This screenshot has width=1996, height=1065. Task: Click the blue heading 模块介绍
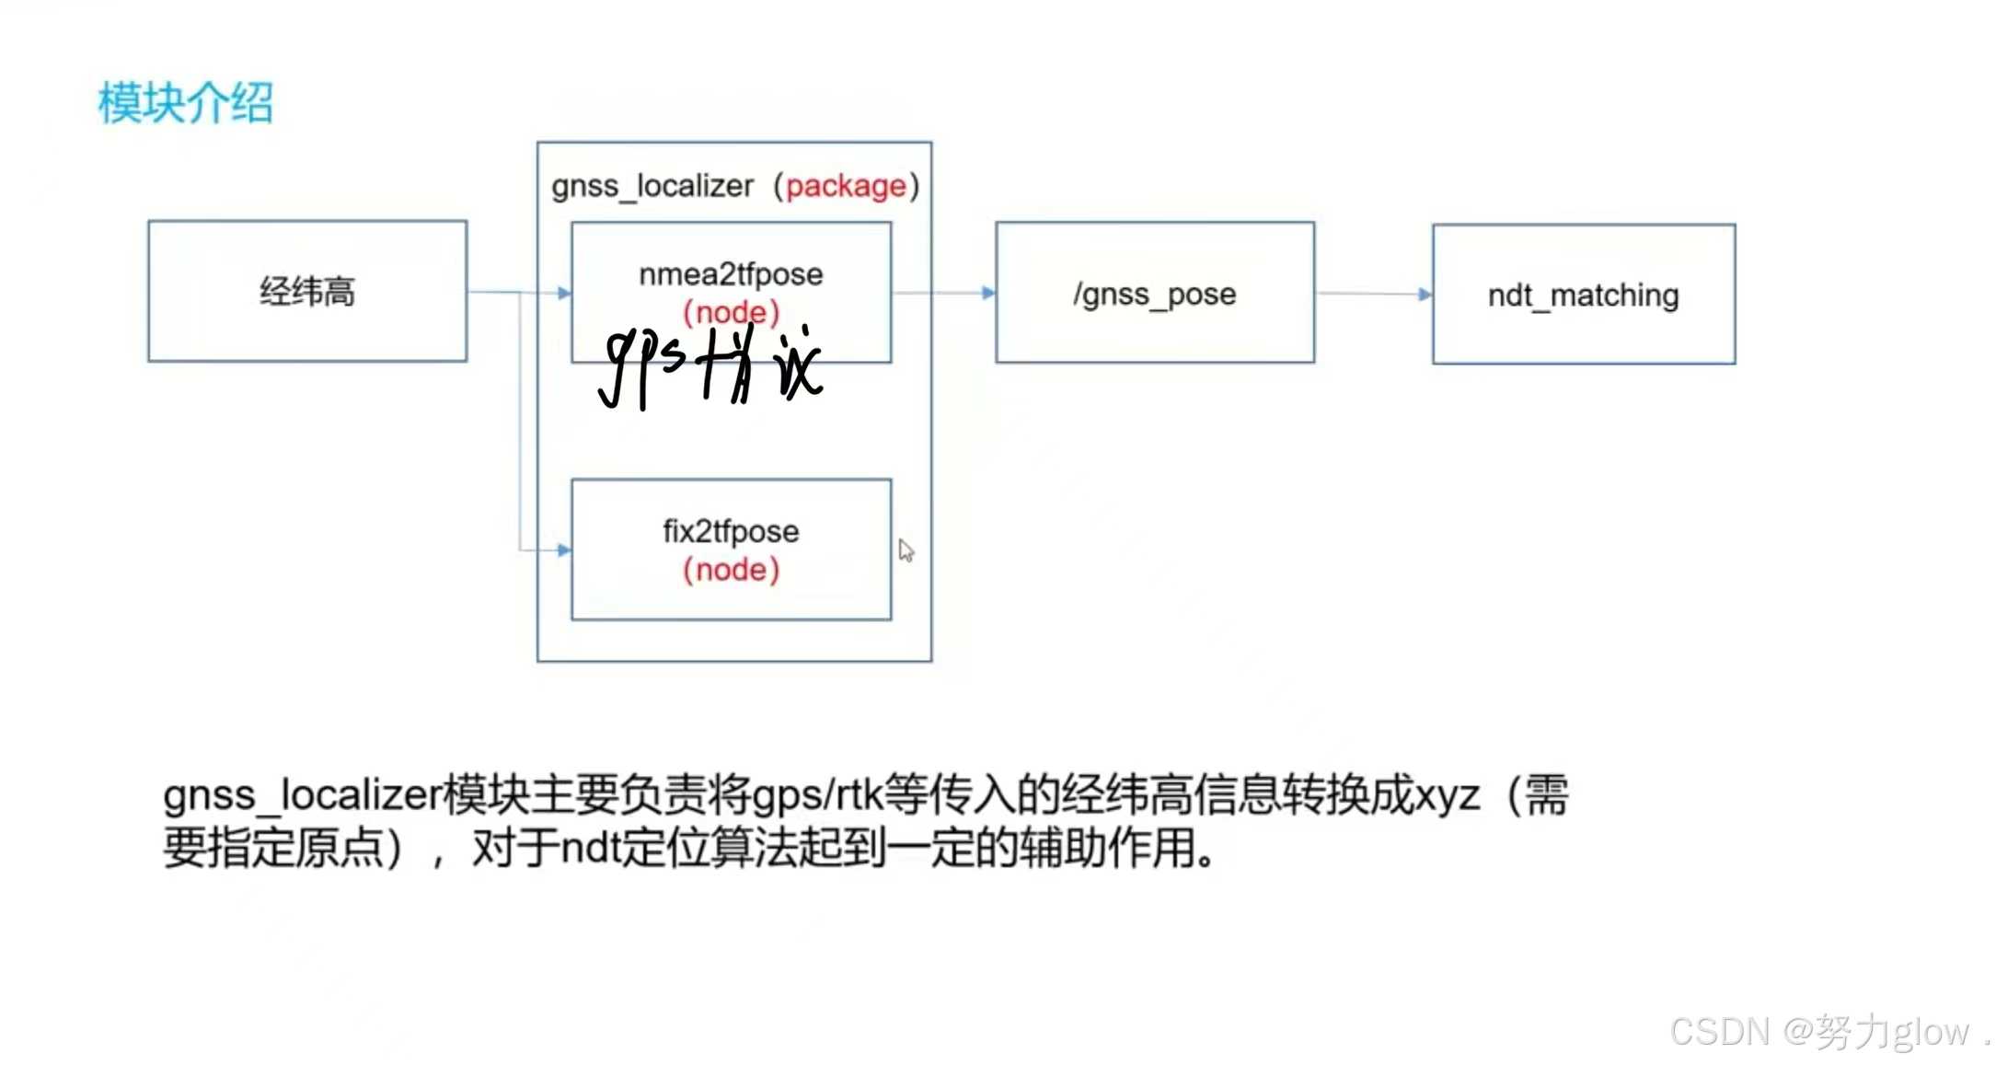[x=186, y=102]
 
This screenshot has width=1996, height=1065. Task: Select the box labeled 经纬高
[x=307, y=291]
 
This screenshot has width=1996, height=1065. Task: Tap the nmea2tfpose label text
[x=731, y=273]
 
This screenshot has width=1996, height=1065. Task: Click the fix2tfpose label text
[x=731, y=531]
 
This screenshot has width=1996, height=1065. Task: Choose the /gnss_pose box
[x=1154, y=293]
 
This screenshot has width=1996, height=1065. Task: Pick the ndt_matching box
[x=1583, y=295]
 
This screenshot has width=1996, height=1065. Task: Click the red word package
[x=846, y=186]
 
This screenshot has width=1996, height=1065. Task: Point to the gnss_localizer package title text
[x=652, y=186]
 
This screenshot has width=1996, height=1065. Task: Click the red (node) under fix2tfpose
[x=731, y=570]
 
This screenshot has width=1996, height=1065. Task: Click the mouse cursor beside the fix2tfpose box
[x=906, y=550]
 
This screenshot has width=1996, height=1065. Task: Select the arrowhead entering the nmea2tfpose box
[x=564, y=293]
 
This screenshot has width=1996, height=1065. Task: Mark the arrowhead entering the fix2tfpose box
[x=564, y=550]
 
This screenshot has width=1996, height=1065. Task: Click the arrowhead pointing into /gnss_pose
[x=988, y=293]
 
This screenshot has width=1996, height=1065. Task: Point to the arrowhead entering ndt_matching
[x=1425, y=295]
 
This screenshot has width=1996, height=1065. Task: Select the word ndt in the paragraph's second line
[x=589, y=848]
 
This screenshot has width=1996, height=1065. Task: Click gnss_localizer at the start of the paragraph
[x=302, y=796]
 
